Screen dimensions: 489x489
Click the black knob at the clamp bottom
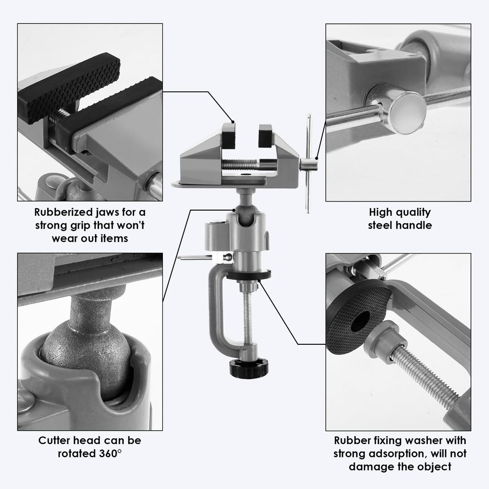248,368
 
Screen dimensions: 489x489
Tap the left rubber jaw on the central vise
229,135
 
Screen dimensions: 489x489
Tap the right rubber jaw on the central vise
265,135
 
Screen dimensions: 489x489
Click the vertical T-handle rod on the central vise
308,162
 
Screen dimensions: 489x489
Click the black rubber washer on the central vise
248,275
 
